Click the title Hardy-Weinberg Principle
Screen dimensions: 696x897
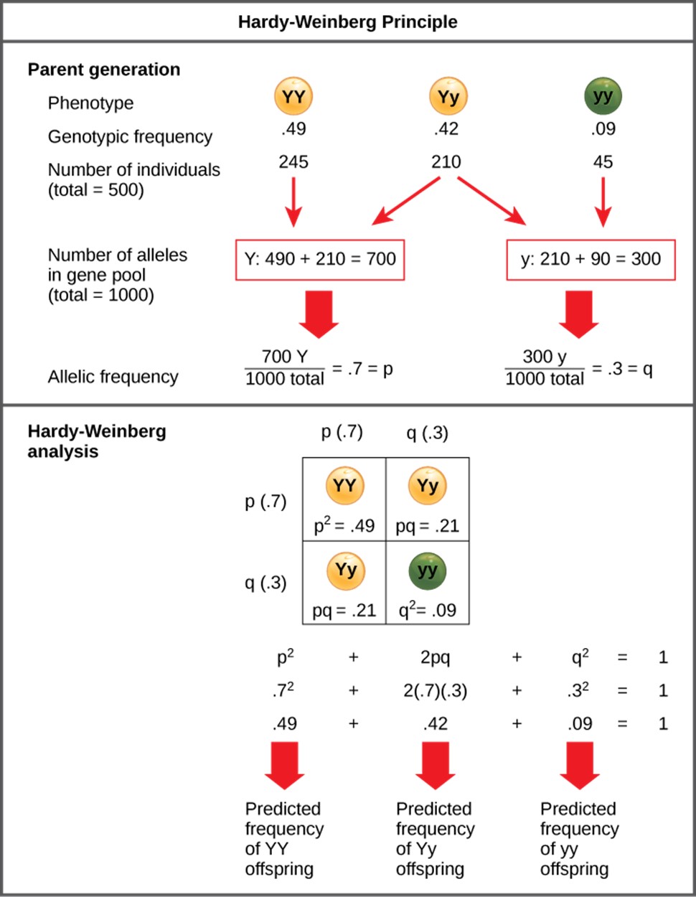[x=348, y=22]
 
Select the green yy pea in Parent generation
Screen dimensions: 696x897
[x=603, y=95]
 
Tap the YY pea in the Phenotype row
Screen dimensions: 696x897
[x=293, y=96]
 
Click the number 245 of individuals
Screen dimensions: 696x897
[x=293, y=161]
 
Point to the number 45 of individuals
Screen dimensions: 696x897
[x=603, y=161]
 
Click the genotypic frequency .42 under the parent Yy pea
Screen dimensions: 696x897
[x=446, y=128]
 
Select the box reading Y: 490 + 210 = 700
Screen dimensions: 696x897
[x=320, y=260]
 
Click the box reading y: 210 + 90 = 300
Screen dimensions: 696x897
[x=591, y=260]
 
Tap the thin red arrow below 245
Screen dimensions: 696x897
[x=293, y=202]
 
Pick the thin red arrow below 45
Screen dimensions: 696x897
[x=603, y=202]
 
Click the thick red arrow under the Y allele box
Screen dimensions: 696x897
[x=319, y=314]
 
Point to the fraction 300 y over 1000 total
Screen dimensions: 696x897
[x=545, y=368]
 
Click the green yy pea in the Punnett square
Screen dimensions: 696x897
[x=428, y=571]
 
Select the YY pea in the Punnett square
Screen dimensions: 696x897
[x=345, y=485]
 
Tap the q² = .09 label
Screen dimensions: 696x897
[x=428, y=610]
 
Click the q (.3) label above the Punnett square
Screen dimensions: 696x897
[x=428, y=433]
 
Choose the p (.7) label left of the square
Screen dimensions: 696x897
[x=265, y=502]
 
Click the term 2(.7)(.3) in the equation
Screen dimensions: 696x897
[x=436, y=690]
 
